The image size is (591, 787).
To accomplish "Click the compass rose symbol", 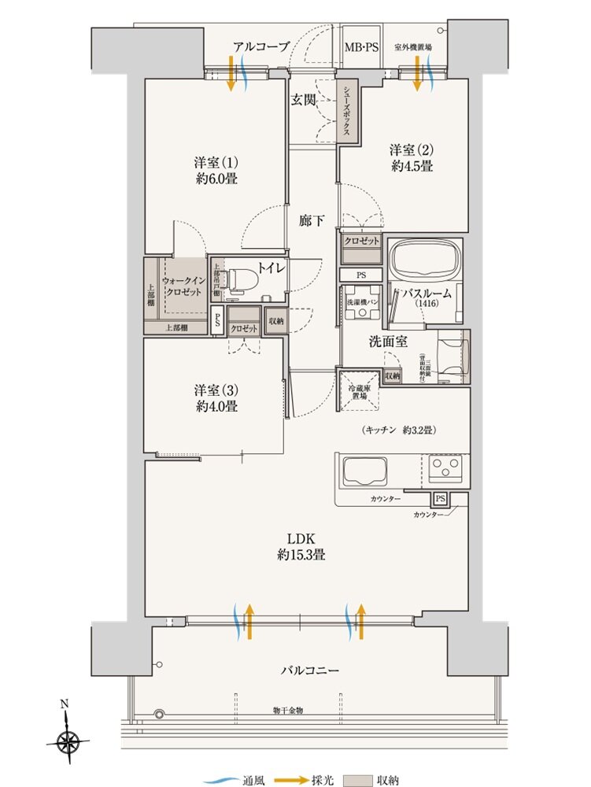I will [x=69, y=739].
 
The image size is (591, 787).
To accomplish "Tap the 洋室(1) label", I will [x=216, y=163].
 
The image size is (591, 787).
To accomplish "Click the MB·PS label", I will [x=361, y=48].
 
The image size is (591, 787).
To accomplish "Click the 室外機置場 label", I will [x=412, y=48].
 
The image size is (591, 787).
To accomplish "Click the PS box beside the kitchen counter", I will [x=440, y=499].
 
